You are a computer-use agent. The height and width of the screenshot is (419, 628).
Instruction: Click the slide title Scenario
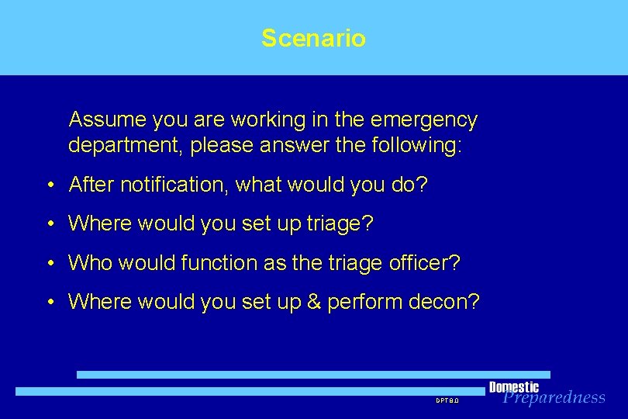tap(313, 38)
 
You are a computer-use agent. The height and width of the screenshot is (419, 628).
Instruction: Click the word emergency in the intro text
tap(425, 120)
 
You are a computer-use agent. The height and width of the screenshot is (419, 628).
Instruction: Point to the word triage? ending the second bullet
tap(340, 224)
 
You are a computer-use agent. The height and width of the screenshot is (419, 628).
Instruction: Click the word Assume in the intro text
tap(108, 120)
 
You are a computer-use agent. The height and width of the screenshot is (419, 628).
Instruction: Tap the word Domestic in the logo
tap(513, 387)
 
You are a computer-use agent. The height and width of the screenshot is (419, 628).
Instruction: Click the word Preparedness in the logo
tap(554, 398)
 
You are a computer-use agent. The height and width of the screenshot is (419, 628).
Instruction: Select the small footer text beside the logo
tap(447, 400)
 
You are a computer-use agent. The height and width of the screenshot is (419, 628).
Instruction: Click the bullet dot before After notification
tap(49, 185)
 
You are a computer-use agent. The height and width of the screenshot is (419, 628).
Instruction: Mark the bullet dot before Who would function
tap(49, 264)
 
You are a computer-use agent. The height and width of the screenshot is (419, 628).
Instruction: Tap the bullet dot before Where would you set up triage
tap(49, 225)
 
